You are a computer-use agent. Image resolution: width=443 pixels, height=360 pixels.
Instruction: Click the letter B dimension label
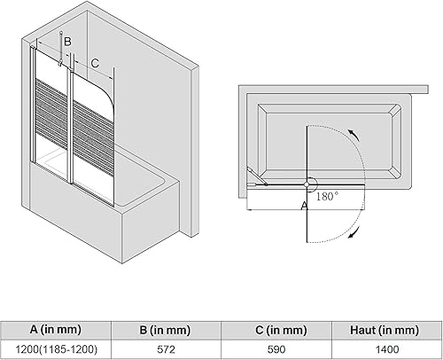tap(67, 42)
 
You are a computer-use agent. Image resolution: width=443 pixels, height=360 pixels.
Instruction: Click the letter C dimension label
tap(95, 63)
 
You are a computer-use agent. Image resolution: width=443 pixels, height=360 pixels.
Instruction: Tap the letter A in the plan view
tap(304, 206)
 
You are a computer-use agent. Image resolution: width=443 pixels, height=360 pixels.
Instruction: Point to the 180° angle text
tap(327, 196)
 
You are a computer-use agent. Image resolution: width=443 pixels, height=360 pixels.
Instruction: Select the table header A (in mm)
tap(55, 329)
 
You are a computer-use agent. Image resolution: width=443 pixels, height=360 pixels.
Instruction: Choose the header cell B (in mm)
tap(165, 330)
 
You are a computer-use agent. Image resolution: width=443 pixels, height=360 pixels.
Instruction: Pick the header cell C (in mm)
tap(281, 330)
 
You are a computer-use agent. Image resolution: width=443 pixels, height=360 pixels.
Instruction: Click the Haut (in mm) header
tap(385, 330)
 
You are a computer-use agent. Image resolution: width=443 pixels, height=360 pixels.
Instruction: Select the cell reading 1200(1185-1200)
tap(56, 349)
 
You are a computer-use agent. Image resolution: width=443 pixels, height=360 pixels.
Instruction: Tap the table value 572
tap(166, 349)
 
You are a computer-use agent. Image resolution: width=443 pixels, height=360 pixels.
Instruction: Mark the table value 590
tap(276, 349)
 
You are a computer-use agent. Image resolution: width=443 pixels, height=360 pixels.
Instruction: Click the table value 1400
tap(387, 349)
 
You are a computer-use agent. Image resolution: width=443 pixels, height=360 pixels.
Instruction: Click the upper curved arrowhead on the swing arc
tap(354, 135)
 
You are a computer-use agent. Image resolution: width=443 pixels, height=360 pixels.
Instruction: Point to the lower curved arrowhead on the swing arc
tap(354, 231)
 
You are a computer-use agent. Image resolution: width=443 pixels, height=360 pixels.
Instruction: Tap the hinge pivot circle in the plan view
tap(307, 184)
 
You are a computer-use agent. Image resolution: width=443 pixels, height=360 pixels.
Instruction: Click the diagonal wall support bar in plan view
tap(257, 176)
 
